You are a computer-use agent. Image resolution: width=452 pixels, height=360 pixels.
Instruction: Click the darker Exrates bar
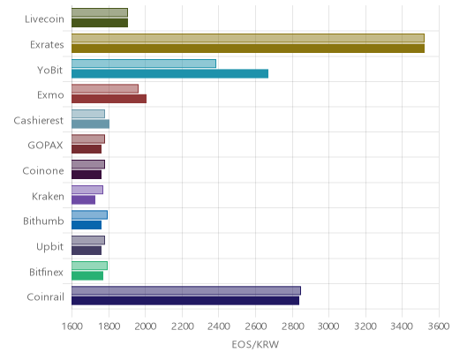(248, 49)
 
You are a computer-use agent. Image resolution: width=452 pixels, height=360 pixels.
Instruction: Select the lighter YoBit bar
(144, 64)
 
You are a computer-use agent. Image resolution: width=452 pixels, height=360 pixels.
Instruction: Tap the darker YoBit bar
(169, 74)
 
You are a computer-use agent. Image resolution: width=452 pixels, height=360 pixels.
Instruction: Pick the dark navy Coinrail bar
(185, 301)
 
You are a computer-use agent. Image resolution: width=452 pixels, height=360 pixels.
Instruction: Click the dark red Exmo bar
(109, 99)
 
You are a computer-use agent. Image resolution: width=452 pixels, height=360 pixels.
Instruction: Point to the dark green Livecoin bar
(100, 23)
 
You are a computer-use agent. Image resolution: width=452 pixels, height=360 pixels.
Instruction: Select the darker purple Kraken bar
(83, 200)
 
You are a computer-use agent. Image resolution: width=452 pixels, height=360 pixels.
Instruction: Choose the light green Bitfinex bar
(89, 266)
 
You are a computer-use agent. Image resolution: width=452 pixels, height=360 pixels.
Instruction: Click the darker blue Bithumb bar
(87, 225)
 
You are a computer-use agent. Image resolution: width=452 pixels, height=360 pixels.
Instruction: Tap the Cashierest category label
(39, 120)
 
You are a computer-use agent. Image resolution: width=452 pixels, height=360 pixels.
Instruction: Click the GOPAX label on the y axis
(45, 146)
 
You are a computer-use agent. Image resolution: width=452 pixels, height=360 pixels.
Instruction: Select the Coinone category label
(43, 171)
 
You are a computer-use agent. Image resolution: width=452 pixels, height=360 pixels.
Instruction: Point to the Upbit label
(49, 246)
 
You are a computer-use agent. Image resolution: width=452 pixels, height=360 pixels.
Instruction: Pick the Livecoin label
(44, 19)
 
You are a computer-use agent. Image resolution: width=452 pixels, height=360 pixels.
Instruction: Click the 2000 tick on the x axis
(146, 326)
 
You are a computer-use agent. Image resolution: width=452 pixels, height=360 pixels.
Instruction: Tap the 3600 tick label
(439, 326)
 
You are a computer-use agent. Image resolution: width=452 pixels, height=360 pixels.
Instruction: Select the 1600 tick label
(72, 326)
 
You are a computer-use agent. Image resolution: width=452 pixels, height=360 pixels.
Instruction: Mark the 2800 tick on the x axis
(292, 326)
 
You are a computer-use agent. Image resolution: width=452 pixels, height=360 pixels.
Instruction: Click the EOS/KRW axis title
(255, 344)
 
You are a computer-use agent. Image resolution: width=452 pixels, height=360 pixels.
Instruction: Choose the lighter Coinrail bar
(186, 291)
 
